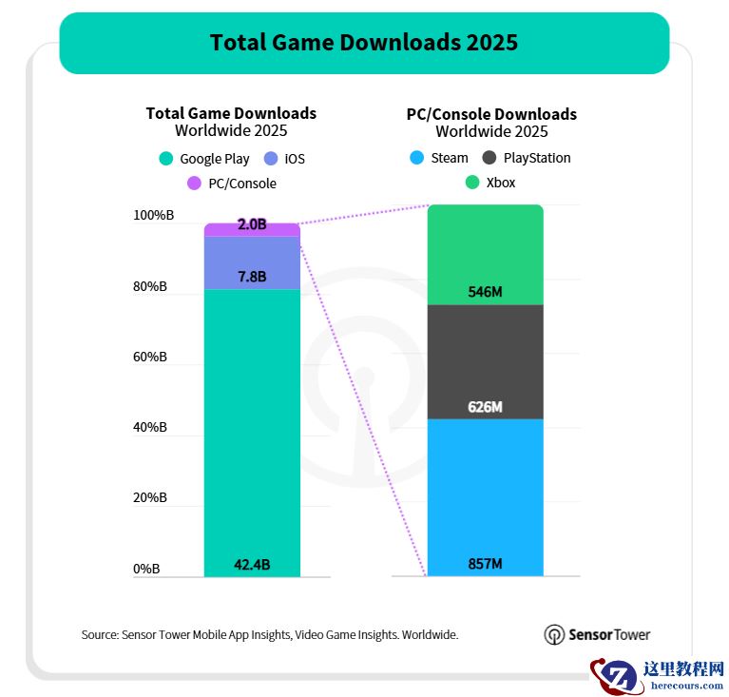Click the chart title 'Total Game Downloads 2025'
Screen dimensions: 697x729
pos(364,43)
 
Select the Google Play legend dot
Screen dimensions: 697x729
pos(166,159)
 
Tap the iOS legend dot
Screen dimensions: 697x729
pos(270,159)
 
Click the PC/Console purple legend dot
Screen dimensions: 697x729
pos(194,184)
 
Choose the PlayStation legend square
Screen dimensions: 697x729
pos(489,158)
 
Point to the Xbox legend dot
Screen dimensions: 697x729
pos(472,183)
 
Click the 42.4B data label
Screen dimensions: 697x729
pos(252,565)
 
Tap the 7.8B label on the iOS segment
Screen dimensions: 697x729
pos(252,277)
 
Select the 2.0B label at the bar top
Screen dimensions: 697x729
pos(252,225)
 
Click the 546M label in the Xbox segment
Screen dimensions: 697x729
pos(485,292)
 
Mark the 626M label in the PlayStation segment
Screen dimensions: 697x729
pos(485,407)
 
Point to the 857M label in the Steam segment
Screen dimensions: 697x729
pos(485,565)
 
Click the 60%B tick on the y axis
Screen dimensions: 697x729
pos(150,357)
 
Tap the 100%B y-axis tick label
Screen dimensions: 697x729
pos(153,216)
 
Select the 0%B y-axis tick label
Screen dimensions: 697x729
pos(146,569)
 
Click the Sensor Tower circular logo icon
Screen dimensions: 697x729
pos(554,634)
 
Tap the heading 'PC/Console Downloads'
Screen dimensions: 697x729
pos(491,114)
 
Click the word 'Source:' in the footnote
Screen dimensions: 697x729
pos(100,634)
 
